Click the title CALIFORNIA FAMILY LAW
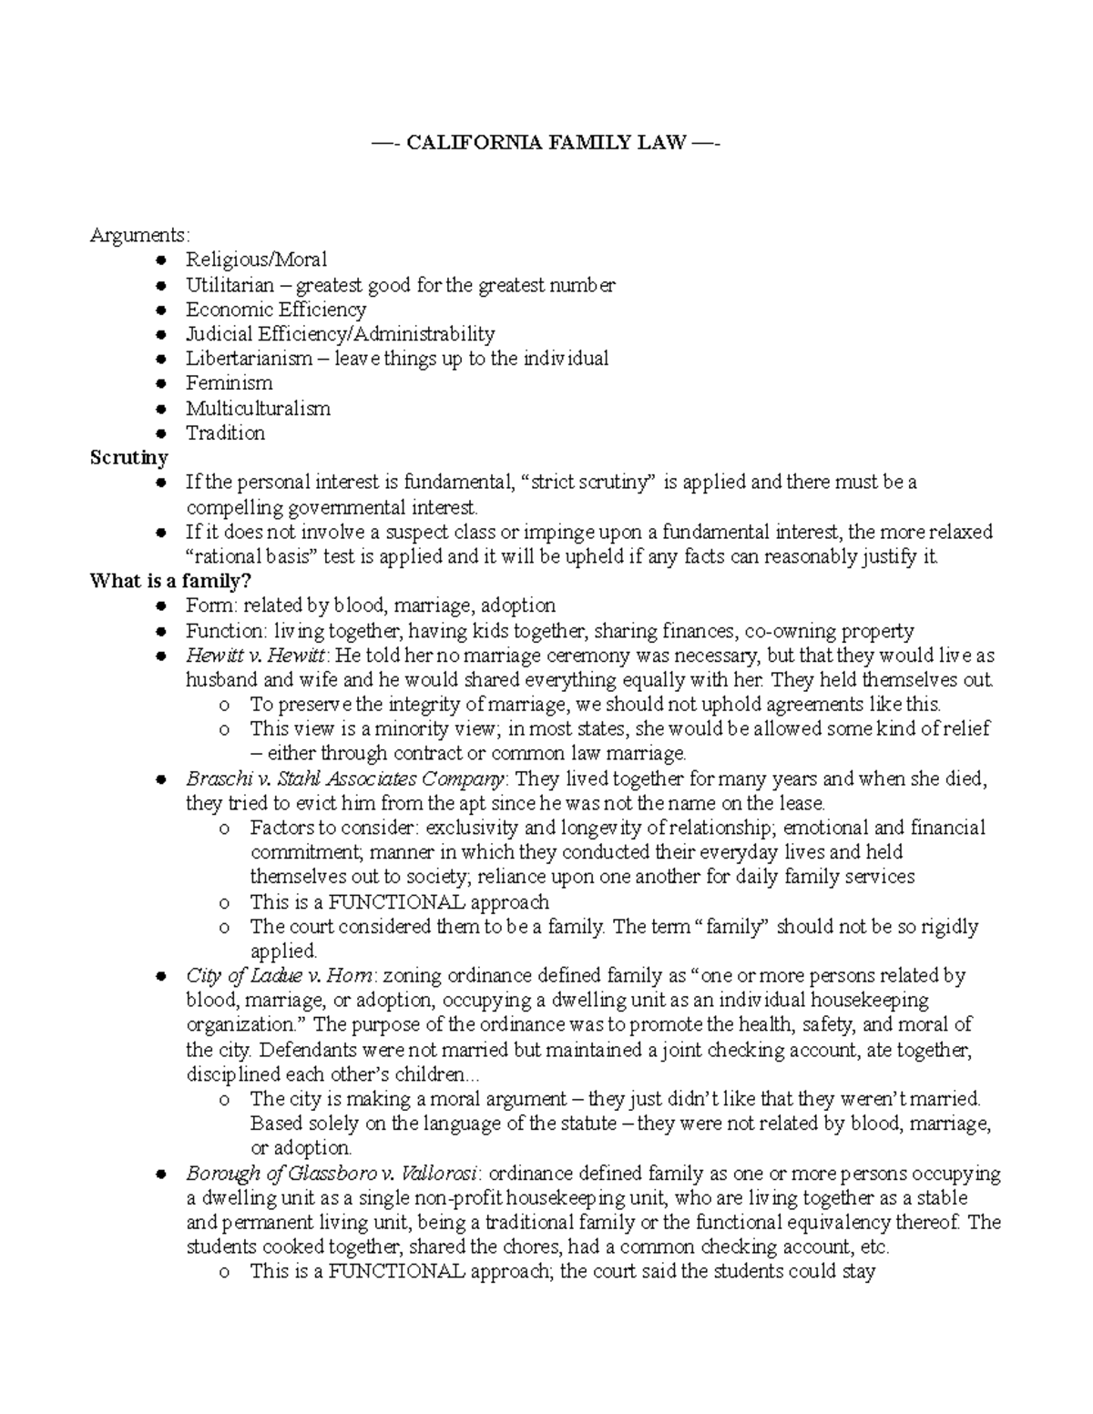click(x=546, y=143)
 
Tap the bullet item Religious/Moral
click(x=256, y=260)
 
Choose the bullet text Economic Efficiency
click(x=276, y=310)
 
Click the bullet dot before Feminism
click(x=161, y=384)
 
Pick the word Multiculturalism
click(x=258, y=408)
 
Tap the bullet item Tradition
click(x=225, y=433)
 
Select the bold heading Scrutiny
click(x=128, y=458)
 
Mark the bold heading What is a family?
click(x=169, y=581)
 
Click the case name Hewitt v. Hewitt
click(x=255, y=656)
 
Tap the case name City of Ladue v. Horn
click(x=279, y=976)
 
